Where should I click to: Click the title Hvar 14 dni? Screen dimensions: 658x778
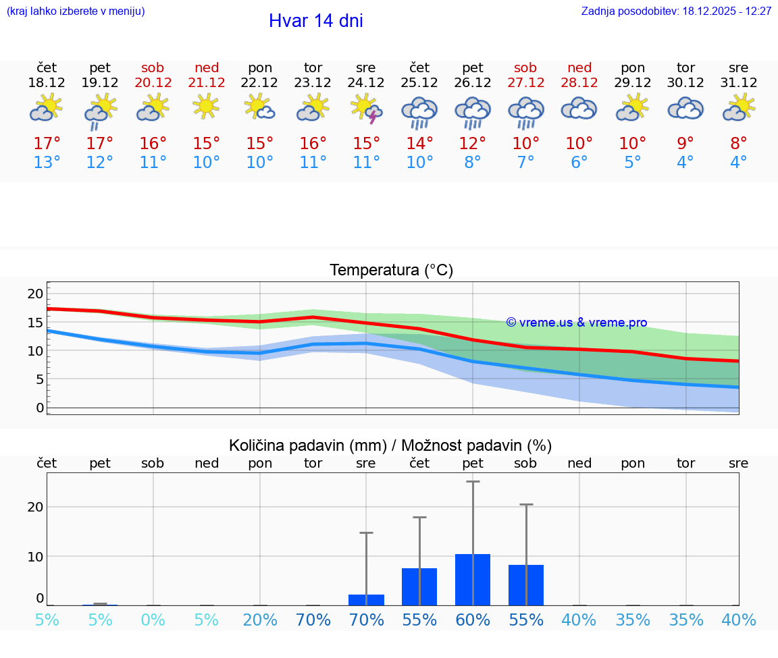pos(315,21)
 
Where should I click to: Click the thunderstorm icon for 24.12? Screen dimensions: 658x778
pos(366,109)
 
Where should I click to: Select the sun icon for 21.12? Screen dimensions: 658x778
pos(207,107)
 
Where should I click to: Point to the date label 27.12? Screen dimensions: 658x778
pos(525,83)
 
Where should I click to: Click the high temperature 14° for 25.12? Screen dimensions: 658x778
pos(419,144)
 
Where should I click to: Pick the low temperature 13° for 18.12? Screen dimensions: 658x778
pos(47,163)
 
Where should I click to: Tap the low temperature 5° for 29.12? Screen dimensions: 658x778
pos(632,163)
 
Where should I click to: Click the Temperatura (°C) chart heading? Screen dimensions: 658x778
pos(391,271)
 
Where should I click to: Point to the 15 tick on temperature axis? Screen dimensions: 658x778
pos(35,323)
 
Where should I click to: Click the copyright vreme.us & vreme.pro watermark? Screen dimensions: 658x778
pos(576,323)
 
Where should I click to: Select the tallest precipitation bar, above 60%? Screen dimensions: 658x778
pos(473,580)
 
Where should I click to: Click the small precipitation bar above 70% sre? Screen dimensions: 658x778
pos(366,600)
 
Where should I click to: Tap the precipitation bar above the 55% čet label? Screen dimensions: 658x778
pos(419,586)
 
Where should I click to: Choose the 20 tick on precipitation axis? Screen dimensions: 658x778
pos(35,507)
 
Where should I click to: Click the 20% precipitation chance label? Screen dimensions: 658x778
pos(260,620)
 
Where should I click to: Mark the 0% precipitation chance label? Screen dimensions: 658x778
pos(153,620)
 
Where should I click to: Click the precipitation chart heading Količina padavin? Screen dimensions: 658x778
pos(390,445)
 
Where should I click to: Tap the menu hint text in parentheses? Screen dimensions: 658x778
pos(76,11)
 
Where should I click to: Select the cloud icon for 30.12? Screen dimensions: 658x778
pos(685,109)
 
